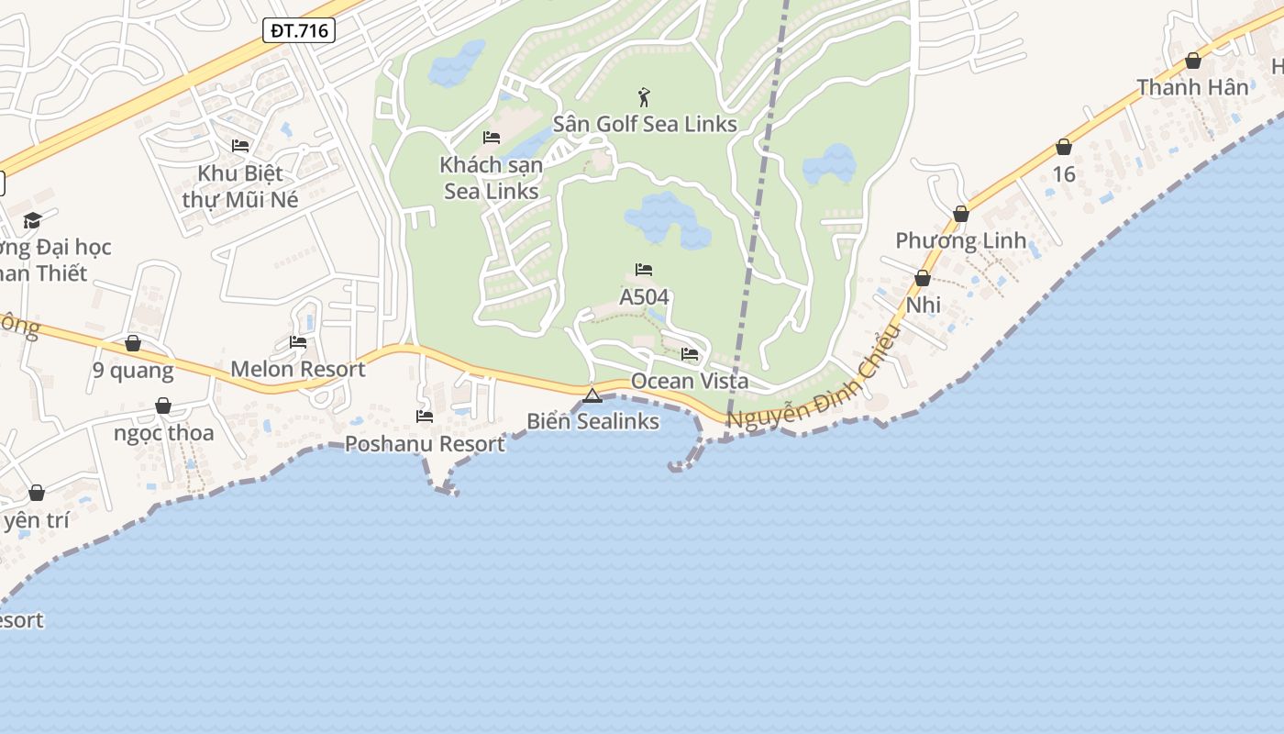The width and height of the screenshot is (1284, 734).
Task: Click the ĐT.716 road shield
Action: (x=299, y=30)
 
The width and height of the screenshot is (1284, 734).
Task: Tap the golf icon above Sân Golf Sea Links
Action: (x=645, y=96)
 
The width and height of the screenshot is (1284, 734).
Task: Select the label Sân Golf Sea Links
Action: (x=645, y=124)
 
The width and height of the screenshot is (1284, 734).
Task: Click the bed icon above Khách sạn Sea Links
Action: (x=492, y=138)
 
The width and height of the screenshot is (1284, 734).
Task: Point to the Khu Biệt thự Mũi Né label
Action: (x=240, y=186)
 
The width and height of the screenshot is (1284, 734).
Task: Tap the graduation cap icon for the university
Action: (x=33, y=220)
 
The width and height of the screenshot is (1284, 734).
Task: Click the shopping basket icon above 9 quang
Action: (x=133, y=343)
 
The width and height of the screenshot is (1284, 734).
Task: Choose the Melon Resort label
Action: (x=297, y=370)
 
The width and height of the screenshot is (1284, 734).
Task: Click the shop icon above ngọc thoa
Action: (x=163, y=406)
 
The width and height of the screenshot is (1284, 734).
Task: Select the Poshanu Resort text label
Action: (x=425, y=444)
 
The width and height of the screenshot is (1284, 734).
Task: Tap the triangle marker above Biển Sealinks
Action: (x=592, y=396)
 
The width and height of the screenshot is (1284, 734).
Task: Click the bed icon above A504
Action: (x=644, y=270)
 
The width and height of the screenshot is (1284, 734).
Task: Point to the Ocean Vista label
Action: (x=690, y=381)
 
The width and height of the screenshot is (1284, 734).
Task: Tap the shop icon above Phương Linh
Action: (x=961, y=214)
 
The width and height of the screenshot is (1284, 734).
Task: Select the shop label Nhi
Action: (x=924, y=305)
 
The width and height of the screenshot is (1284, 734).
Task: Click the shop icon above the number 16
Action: (x=1064, y=147)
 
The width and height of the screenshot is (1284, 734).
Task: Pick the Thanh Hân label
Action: (x=1192, y=87)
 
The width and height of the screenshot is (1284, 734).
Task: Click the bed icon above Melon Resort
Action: (x=298, y=342)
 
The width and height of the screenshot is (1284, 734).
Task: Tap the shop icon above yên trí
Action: (x=37, y=493)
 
